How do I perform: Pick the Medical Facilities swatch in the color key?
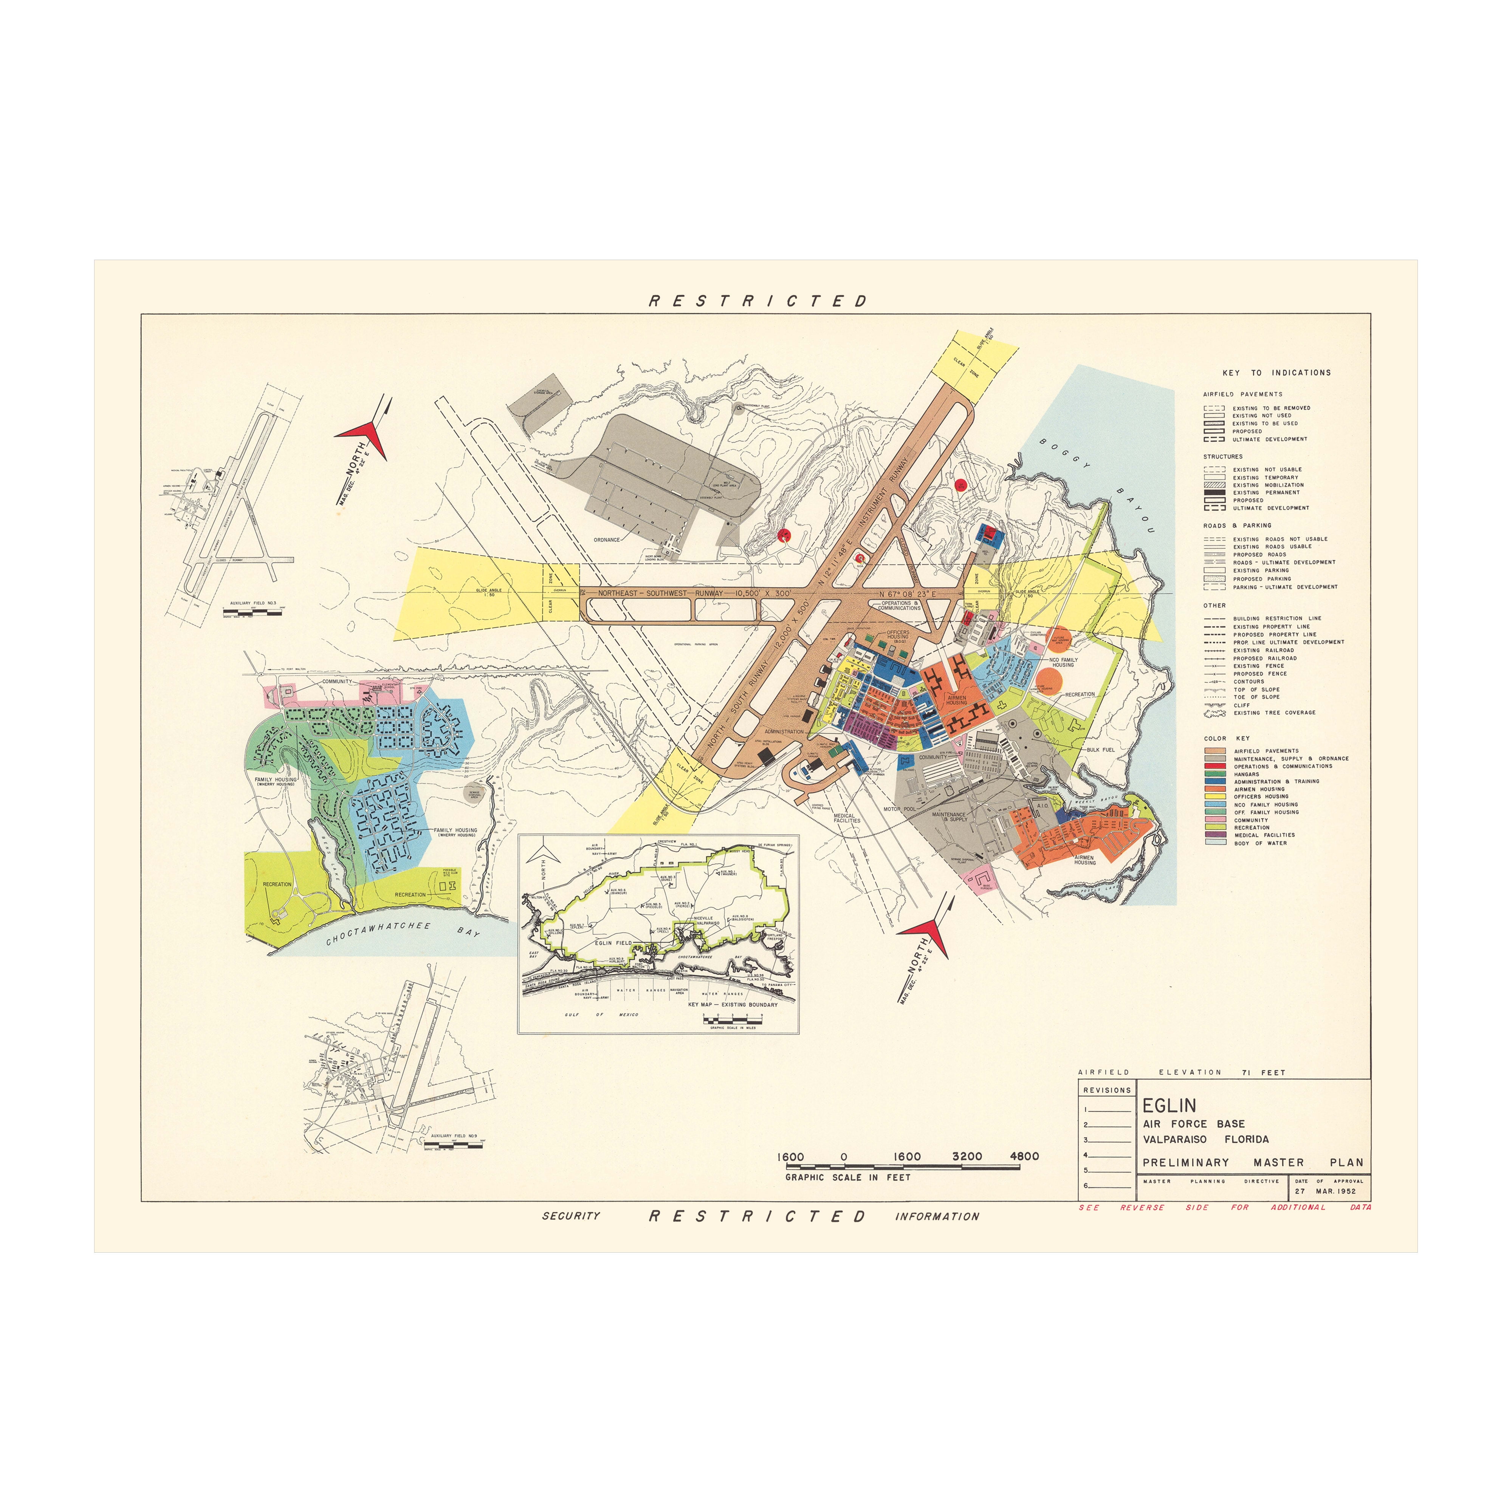tap(1215, 835)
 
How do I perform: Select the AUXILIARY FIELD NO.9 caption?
tap(454, 1136)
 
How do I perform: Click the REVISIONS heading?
tap(1107, 1090)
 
